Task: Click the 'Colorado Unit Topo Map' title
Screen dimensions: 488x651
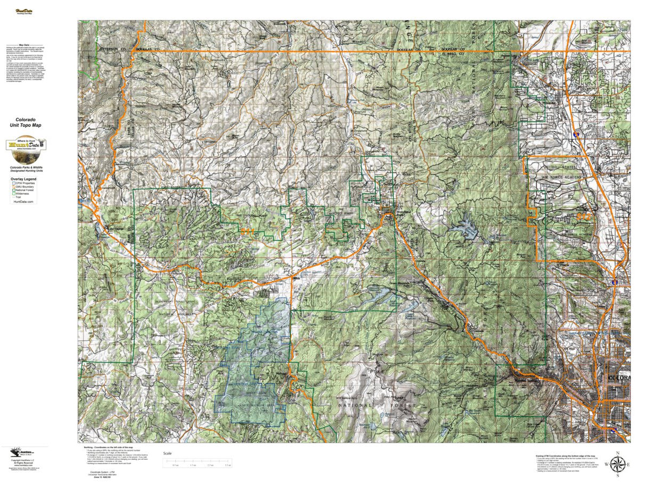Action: (25, 122)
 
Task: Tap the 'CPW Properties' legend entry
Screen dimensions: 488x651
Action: (25, 183)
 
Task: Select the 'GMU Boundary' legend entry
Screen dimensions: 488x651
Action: (24, 188)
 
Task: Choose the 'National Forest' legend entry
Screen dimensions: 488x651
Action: (25, 191)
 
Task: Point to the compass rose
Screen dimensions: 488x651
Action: (617, 464)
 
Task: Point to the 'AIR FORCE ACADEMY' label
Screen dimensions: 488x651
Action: (559, 177)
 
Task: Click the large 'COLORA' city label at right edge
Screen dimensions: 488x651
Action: (618, 377)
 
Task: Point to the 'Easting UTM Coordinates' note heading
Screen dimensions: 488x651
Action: (564, 457)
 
